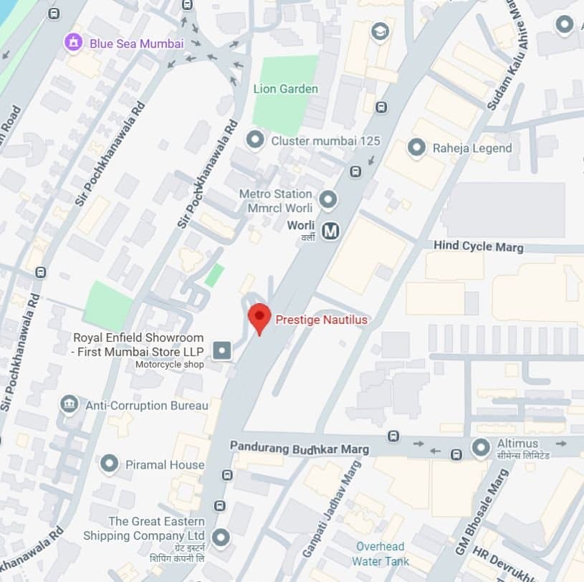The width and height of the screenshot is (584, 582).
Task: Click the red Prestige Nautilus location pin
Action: pyautogui.click(x=259, y=318)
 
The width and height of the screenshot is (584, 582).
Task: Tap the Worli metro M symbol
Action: pyautogui.click(x=330, y=231)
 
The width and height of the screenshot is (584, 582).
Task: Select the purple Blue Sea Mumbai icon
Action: pyautogui.click(x=73, y=42)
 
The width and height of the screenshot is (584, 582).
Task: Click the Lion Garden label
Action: pyautogui.click(x=285, y=89)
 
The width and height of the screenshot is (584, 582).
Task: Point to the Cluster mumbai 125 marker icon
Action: pyautogui.click(x=254, y=140)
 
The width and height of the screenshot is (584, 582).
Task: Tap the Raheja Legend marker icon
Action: pyautogui.click(x=416, y=148)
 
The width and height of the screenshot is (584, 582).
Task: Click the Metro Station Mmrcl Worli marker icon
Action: pyautogui.click(x=327, y=199)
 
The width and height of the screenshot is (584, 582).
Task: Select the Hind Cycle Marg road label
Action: pyautogui.click(x=478, y=247)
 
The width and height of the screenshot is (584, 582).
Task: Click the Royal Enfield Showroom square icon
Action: pyautogui.click(x=223, y=350)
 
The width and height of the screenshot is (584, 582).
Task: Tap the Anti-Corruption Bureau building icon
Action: pyautogui.click(x=69, y=405)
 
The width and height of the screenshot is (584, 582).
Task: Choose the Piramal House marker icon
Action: pyautogui.click(x=109, y=464)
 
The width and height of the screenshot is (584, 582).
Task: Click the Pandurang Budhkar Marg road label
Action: pyautogui.click(x=300, y=448)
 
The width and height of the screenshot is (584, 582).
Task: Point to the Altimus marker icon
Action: pyautogui.click(x=481, y=448)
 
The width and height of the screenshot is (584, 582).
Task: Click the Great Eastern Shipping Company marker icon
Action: pyautogui.click(x=221, y=537)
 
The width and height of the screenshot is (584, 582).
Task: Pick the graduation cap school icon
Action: pyautogui.click(x=379, y=31)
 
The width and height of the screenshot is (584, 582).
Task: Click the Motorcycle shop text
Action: pyautogui.click(x=170, y=364)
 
